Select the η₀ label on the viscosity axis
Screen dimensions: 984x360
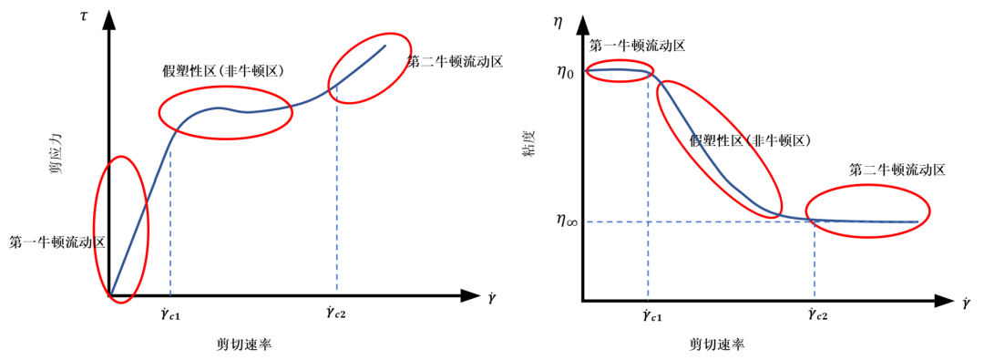pos(565,71)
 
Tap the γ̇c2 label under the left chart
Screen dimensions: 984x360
pos(336,314)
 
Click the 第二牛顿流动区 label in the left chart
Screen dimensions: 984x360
pos(456,62)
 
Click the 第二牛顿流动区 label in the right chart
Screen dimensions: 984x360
pos(897,170)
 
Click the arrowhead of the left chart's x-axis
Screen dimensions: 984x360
pos(470,296)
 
